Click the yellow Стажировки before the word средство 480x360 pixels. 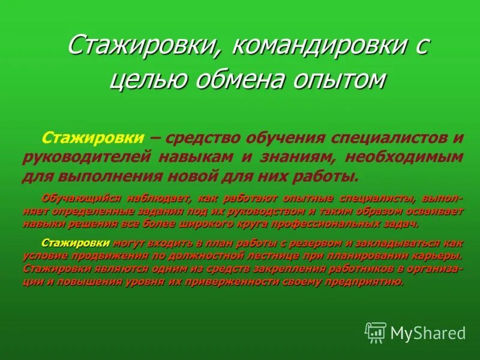(x=93, y=139)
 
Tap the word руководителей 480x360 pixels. (x=86, y=157)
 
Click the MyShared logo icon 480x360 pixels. (x=376, y=332)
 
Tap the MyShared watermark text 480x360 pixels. (x=428, y=332)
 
